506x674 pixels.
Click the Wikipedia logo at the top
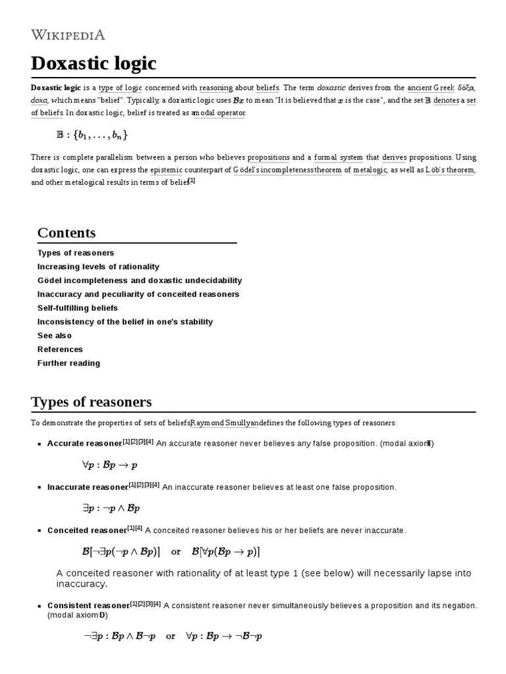[x=68, y=34]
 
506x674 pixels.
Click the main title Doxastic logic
[x=94, y=64]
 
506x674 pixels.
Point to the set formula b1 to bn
[x=92, y=136]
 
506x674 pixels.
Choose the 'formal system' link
[x=338, y=158]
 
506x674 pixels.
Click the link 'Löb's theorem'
[x=451, y=170]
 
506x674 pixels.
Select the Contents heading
[x=67, y=232]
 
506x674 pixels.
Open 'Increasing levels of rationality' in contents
[x=98, y=267]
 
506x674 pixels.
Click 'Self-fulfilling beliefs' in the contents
[x=78, y=308]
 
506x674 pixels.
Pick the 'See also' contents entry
[x=55, y=336]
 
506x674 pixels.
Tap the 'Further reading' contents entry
[x=69, y=363]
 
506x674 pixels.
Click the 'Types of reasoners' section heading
[x=91, y=402]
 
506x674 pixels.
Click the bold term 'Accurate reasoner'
[x=84, y=444]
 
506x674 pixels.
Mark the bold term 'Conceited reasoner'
[x=86, y=531]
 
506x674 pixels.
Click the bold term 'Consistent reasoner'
[x=88, y=606]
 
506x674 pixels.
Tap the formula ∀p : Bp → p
[x=109, y=465]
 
